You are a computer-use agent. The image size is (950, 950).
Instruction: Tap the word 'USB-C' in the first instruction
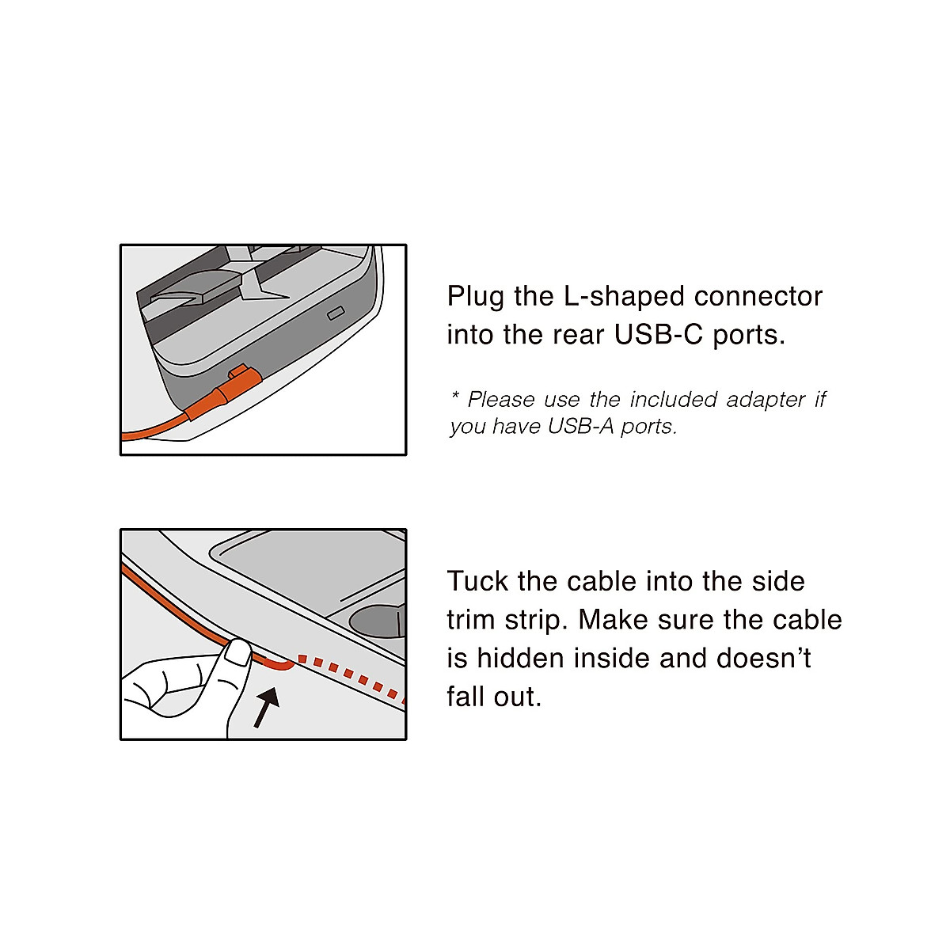tap(659, 335)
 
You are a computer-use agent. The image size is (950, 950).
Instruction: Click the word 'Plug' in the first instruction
tap(476, 298)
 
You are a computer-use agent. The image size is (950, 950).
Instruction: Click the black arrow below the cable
tap(267, 706)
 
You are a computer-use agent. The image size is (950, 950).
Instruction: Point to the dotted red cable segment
tap(352, 675)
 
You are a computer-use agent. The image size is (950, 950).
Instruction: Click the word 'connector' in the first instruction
tap(758, 297)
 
